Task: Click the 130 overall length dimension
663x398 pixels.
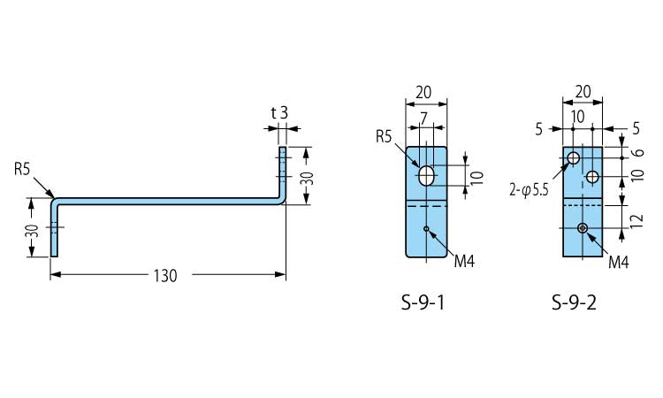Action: [x=165, y=276]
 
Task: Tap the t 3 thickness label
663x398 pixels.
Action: [x=279, y=112]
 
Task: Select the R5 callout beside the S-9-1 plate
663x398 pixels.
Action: [x=384, y=136]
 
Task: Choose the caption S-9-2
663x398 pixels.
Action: [x=574, y=303]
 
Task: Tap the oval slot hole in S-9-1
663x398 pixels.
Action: [x=427, y=174]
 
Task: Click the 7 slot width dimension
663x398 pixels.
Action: [x=425, y=117]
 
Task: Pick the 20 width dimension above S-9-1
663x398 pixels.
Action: [x=423, y=91]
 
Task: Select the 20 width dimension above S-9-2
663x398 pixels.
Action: [x=583, y=91]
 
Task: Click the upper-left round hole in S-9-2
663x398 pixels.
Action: [x=573, y=158]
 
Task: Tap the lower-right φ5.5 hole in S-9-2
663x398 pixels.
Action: [x=592, y=177]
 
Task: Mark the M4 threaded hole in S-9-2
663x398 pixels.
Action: [x=583, y=228]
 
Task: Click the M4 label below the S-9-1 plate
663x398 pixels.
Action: [x=465, y=263]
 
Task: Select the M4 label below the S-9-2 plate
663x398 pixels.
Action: [x=620, y=263]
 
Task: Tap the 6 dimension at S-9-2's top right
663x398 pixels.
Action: [x=638, y=151]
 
